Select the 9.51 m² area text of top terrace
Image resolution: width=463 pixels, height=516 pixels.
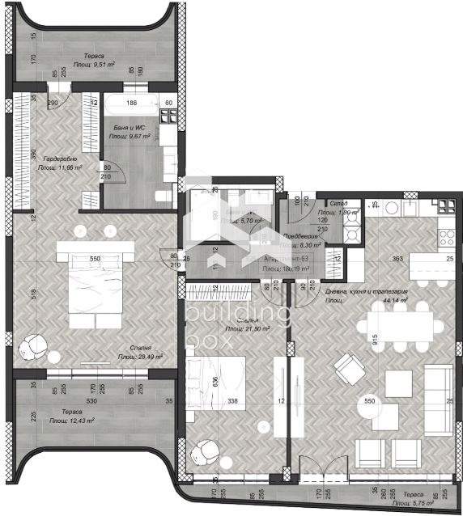pos(95,62)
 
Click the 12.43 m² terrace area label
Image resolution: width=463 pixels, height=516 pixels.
pos(70,421)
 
